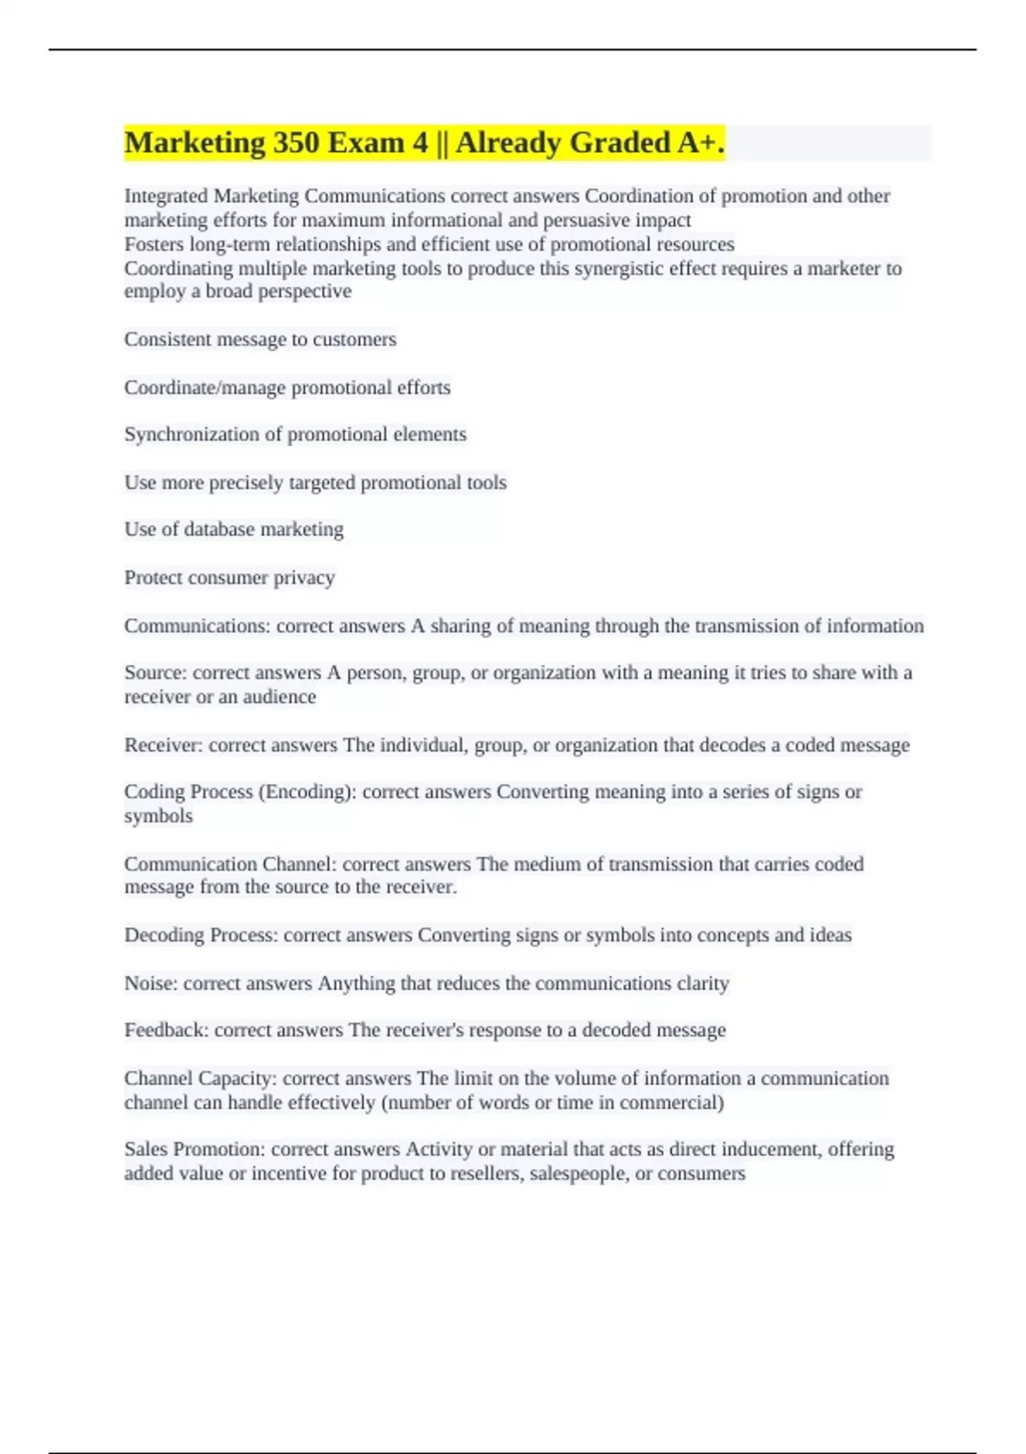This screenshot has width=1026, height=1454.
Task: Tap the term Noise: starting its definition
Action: tap(150, 984)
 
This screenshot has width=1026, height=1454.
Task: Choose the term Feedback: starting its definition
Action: tap(166, 1031)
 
